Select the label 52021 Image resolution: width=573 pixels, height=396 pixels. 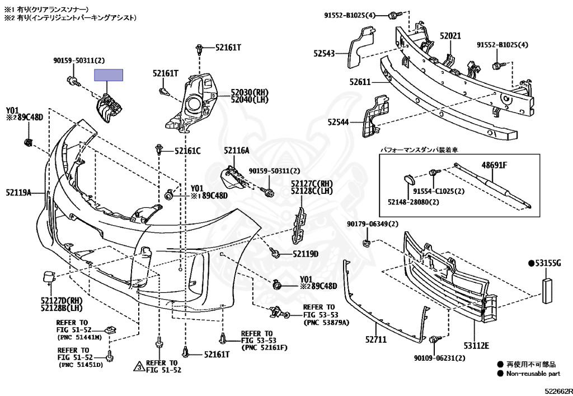point(450,36)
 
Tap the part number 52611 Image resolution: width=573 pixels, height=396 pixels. point(360,82)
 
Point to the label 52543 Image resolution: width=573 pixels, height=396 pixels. point(323,54)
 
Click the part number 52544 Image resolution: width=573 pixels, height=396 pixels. point(338,122)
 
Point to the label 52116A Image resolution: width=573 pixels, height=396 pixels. point(237,150)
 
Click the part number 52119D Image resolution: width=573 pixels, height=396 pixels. point(305,254)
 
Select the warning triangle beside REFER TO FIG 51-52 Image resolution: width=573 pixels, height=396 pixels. point(138,367)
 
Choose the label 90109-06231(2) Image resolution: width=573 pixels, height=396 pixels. point(440,358)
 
